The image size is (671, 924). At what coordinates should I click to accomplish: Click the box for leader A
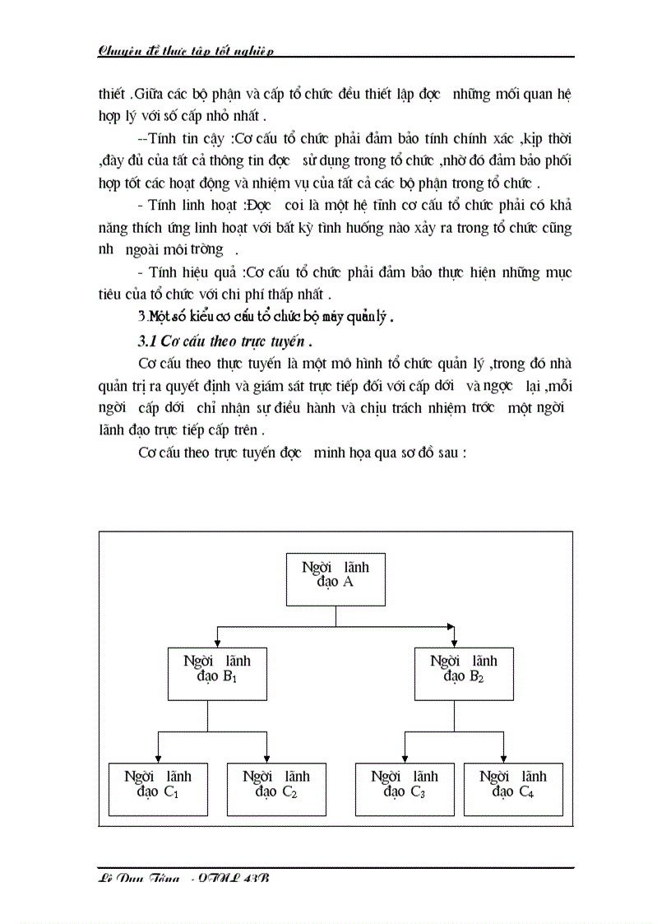point(335,579)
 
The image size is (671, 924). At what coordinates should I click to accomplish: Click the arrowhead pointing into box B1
point(217,642)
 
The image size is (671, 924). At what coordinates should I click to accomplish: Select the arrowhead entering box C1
point(157,759)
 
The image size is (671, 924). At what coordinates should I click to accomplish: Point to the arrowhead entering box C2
point(268,759)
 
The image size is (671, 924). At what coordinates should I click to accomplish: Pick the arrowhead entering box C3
point(404,759)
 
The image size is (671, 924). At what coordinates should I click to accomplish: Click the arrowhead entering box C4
point(503,759)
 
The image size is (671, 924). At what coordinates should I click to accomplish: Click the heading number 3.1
point(146,340)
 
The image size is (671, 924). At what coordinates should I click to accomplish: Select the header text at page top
point(185,50)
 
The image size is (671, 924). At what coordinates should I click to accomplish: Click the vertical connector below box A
point(335,616)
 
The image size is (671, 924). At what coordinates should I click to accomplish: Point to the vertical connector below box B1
point(207,716)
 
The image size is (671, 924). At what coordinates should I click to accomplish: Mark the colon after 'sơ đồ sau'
point(465,452)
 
